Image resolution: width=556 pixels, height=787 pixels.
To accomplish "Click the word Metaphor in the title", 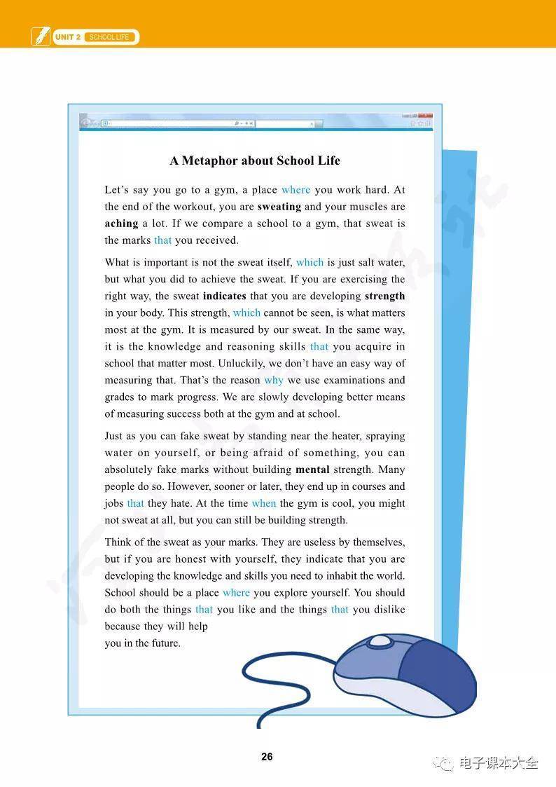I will point(209,160).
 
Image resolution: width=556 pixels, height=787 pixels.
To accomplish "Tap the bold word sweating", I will point(279,207).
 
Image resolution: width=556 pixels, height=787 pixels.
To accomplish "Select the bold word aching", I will point(121,224).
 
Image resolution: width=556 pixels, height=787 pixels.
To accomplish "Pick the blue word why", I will point(274,381).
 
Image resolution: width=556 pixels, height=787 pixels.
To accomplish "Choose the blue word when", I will point(264,503).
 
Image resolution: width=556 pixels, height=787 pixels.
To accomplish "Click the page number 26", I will point(267,757).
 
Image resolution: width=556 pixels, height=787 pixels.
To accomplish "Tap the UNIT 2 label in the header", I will point(68,37).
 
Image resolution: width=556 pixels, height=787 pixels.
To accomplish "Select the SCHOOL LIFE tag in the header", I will point(109,37).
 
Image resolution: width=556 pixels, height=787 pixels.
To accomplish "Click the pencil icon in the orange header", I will point(41,36).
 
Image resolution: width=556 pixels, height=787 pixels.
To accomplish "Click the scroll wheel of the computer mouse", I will point(380,641).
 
